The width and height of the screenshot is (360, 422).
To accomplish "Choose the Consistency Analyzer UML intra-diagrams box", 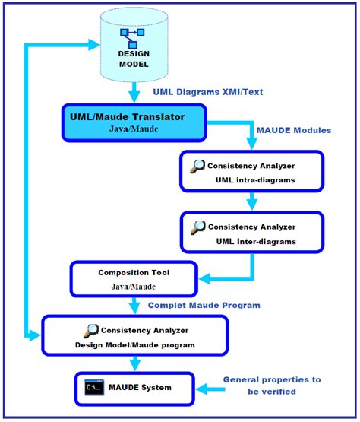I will (251, 170).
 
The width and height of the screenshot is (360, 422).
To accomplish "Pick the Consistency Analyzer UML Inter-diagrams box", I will (251, 233).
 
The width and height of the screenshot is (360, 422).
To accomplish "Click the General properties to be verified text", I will (272, 385).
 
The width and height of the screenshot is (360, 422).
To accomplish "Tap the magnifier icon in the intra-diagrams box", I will (197, 165).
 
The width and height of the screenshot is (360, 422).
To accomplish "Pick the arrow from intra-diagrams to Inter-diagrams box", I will (251, 201).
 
